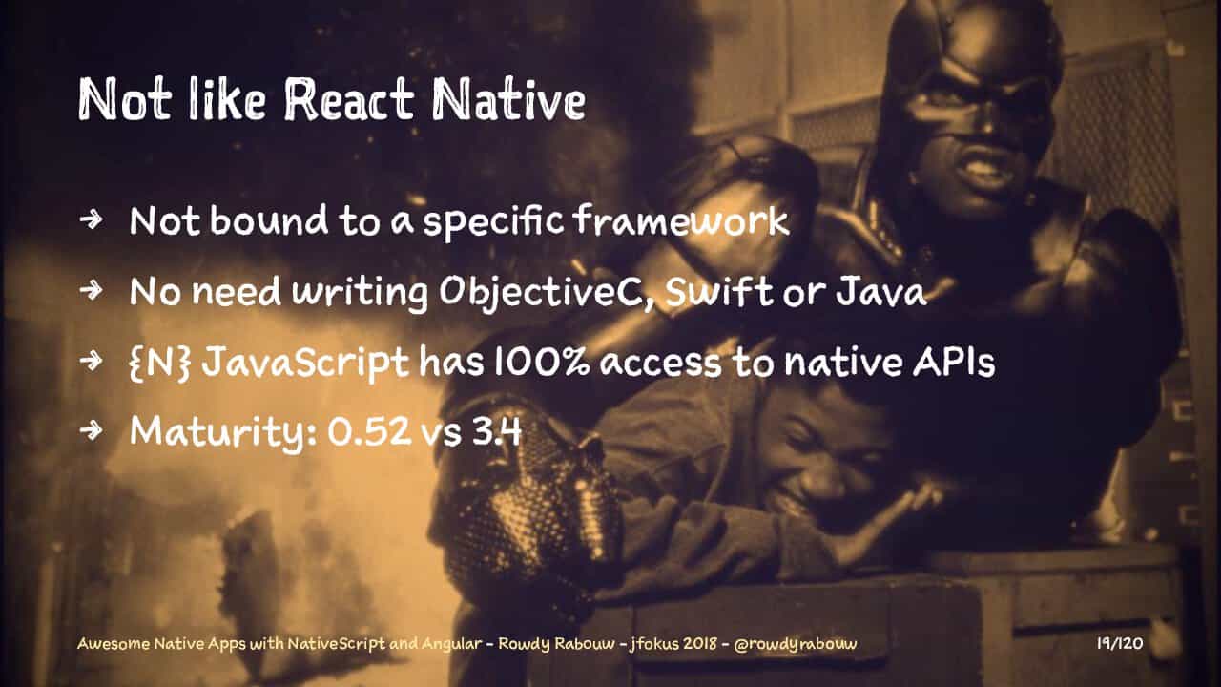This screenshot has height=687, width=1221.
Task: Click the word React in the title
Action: point(349,99)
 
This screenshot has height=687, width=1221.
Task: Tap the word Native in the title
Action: point(508,98)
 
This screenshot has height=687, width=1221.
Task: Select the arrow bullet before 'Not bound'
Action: point(91,219)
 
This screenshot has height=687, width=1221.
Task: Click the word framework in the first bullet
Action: point(681,219)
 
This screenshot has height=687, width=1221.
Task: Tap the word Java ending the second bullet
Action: point(881,292)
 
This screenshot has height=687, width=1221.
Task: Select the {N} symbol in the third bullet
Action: point(160,363)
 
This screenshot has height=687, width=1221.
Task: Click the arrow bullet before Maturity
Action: point(91,430)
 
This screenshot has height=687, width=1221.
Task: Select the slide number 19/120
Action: point(1120,644)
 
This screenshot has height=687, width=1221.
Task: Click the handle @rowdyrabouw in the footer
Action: point(796,644)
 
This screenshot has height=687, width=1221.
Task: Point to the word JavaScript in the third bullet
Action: point(305,364)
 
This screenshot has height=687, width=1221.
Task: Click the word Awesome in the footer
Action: point(114,644)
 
